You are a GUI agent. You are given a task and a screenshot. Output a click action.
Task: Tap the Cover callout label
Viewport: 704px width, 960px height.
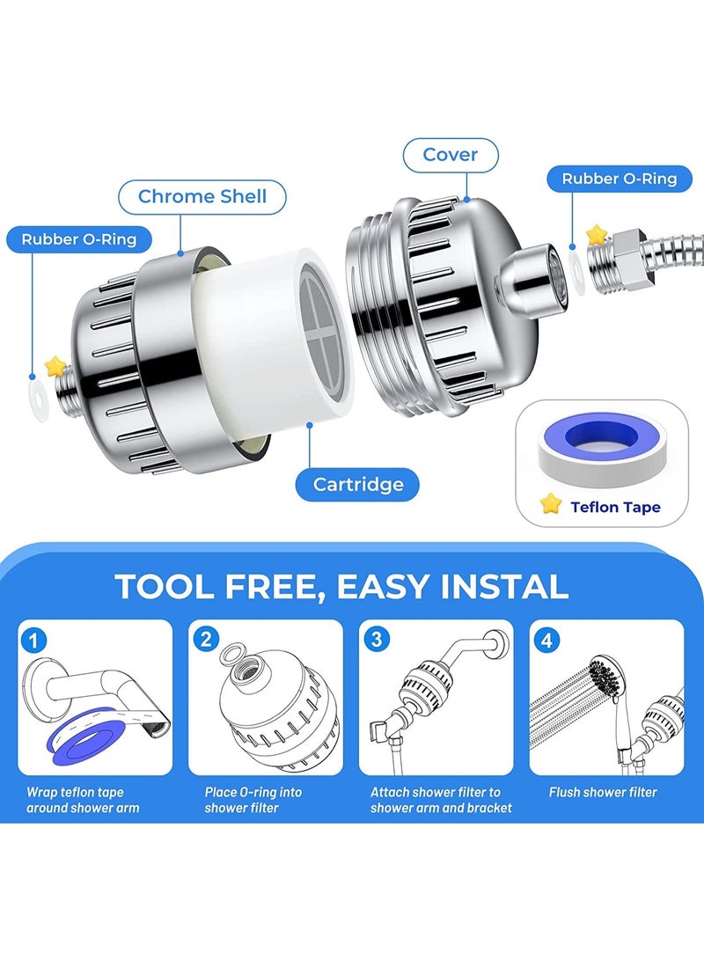(451, 155)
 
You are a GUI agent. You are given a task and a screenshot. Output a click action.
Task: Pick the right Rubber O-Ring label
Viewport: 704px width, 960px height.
(620, 179)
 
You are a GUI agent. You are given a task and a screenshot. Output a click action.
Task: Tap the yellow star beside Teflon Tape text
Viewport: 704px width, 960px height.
(551, 504)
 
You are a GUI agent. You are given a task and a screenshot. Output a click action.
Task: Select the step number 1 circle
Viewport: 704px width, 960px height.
(35, 640)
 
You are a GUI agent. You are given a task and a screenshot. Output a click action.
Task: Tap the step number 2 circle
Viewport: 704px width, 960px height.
(206, 640)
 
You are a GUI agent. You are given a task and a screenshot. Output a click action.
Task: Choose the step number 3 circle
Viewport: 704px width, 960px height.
(377, 640)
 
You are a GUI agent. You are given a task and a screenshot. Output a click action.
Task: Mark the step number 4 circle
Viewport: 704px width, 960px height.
(547, 640)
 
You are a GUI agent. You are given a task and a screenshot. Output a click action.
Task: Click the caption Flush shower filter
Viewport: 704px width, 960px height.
(603, 792)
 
